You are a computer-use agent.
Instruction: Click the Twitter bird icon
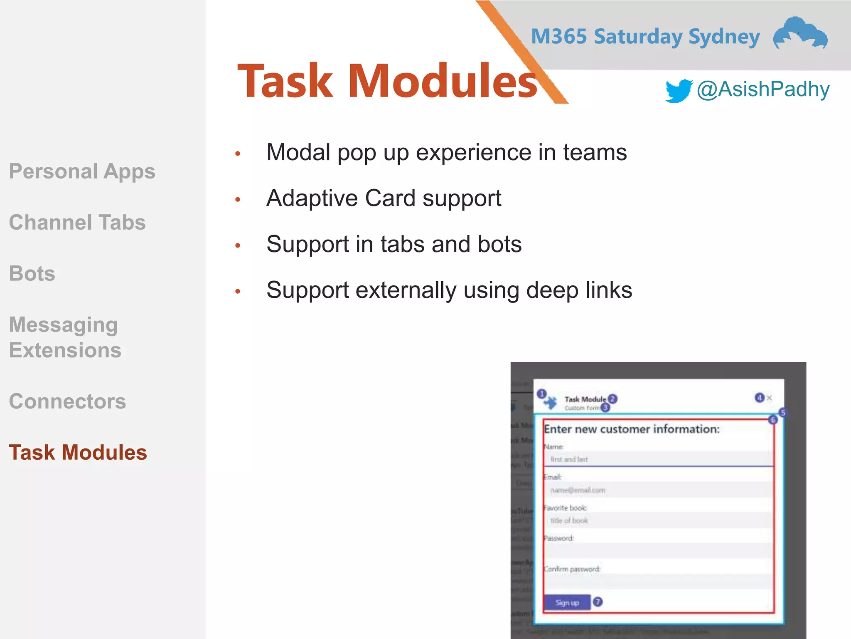pos(678,90)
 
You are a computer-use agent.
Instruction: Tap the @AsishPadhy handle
pos(763,89)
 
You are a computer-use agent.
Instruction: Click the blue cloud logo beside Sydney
pos(800,33)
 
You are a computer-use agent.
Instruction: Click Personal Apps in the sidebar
pos(82,171)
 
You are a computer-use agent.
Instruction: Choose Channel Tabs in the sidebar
pos(77,223)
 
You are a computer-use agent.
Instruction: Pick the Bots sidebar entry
pos(32,274)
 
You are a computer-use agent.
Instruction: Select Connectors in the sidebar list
pos(67,401)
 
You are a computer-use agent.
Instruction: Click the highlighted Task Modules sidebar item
pos(78,453)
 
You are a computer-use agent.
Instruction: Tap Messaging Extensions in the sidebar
pos(65,337)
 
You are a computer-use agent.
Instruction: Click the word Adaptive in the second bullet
pos(312,198)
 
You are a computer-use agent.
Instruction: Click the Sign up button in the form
pos(567,602)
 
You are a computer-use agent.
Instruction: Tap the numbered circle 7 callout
pos(598,602)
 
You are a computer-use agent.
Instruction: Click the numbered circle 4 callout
pos(759,398)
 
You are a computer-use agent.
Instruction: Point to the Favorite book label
pos(565,508)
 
